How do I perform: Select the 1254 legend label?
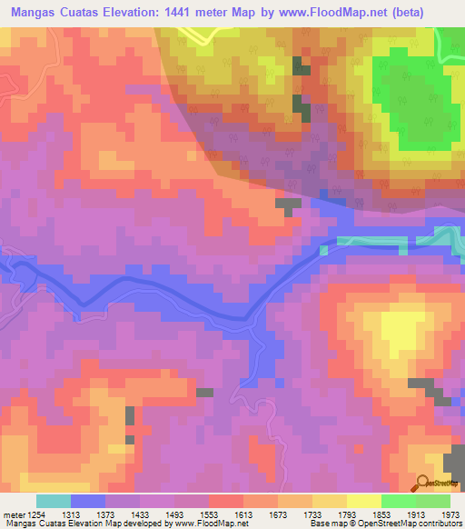coord(38,515)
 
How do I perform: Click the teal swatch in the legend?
coord(54,501)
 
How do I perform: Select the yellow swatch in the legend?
coord(364,501)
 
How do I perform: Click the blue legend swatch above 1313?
coord(88,501)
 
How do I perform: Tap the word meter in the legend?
coord(13,515)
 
